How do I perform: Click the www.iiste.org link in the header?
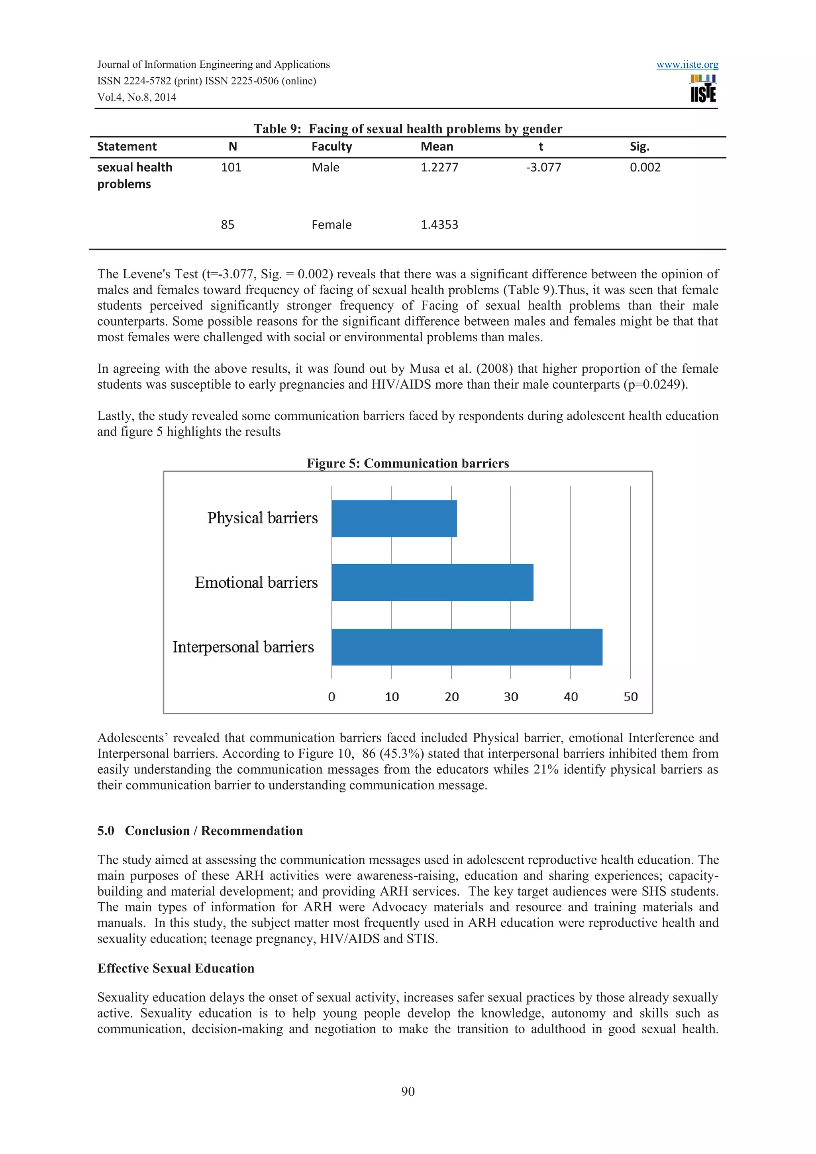tap(687, 65)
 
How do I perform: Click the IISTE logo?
tap(703, 89)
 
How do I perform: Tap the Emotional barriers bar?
tap(432, 582)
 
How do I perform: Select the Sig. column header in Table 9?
tap(639, 147)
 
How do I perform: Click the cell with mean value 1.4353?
tap(439, 225)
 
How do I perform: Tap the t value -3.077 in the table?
tap(543, 167)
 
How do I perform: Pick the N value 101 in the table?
tap(231, 167)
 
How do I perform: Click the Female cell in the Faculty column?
tap(331, 225)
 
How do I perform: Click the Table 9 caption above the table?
tap(408, 129)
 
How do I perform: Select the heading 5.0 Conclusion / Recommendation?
tap(200, 830)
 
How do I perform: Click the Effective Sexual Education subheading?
tap(175, 968)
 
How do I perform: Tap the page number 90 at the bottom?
tap(408, 1091)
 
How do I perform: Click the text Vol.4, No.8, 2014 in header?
tap(137, 98)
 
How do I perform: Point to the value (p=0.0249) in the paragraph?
tap(655, 385)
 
